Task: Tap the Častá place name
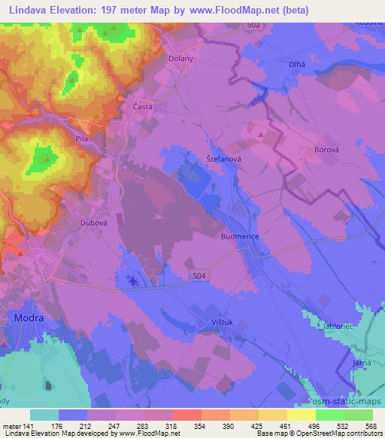click(x=143, y=107)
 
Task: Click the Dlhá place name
click(x=296, y=65)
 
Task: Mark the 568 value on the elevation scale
click(x=371, y=425)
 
